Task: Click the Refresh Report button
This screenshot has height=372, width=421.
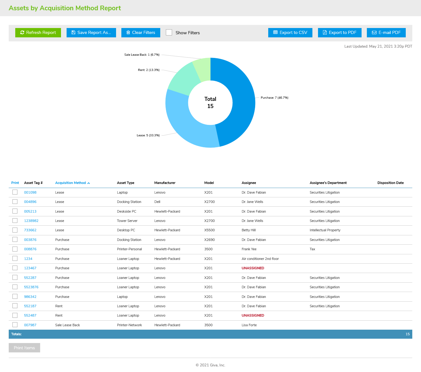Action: [x=38, y=33]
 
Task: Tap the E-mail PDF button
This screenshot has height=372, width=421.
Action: [x=386, y=33]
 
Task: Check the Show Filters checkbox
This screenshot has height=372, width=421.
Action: [x=169, y=33]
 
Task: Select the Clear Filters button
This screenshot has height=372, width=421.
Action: [x=141, y=33]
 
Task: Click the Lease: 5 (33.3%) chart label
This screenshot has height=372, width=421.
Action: [x=148, y=135]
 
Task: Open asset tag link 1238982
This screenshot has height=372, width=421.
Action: [x=31, y=221]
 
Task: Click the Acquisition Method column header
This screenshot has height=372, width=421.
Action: [x=71, y=183]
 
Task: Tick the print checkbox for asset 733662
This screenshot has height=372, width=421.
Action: [x=15, y=230]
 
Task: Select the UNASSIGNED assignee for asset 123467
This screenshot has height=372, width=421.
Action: [x=253, y=268]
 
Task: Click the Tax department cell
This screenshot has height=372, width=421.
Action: [x=312, y=249]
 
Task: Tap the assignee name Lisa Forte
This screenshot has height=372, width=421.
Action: [x=249, y=325]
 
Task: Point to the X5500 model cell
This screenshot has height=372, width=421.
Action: [x=209, y=230]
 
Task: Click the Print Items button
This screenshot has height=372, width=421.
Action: [x=24, y=348]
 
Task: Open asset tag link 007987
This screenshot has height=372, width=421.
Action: [x=30, y=325]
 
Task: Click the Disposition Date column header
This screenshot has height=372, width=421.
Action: [x=391, y=183]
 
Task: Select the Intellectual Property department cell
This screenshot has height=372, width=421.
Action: [x=325, y=230]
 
